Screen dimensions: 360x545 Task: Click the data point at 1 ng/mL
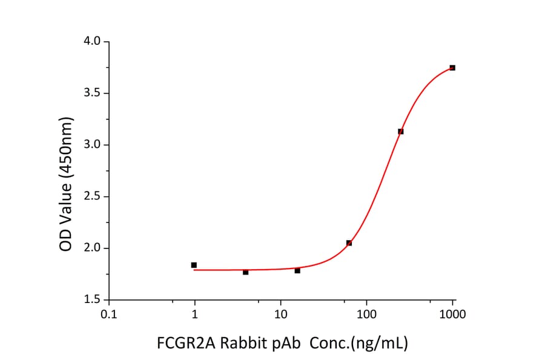194,265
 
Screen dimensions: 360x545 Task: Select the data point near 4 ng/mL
245,272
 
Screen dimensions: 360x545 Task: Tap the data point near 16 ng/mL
297,270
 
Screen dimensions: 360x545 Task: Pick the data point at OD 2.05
349,243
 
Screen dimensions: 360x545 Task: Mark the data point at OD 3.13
400,132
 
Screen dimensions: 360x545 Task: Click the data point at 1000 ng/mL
452,68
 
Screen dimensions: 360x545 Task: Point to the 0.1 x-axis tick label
108,315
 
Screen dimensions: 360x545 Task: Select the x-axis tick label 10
280,315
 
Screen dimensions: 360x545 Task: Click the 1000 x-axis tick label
452,315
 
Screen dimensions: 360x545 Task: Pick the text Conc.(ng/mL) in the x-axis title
358,344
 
